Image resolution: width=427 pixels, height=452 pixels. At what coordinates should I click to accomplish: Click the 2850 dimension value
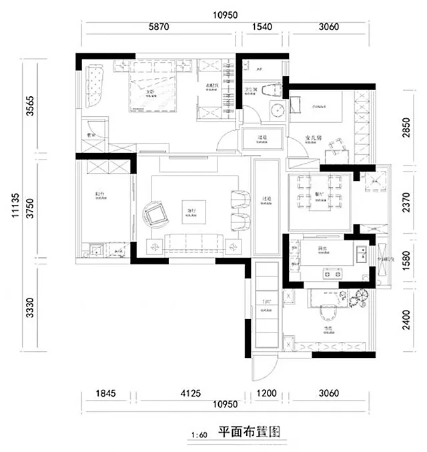point(407,126)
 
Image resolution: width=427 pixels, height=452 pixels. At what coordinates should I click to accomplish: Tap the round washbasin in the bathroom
point(276,111)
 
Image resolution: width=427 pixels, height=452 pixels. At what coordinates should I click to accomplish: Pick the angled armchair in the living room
point(157,215)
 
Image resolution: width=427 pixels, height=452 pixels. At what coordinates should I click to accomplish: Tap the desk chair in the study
point(328,313)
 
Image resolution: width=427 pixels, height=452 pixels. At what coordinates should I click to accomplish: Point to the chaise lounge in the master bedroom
point(94,86)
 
